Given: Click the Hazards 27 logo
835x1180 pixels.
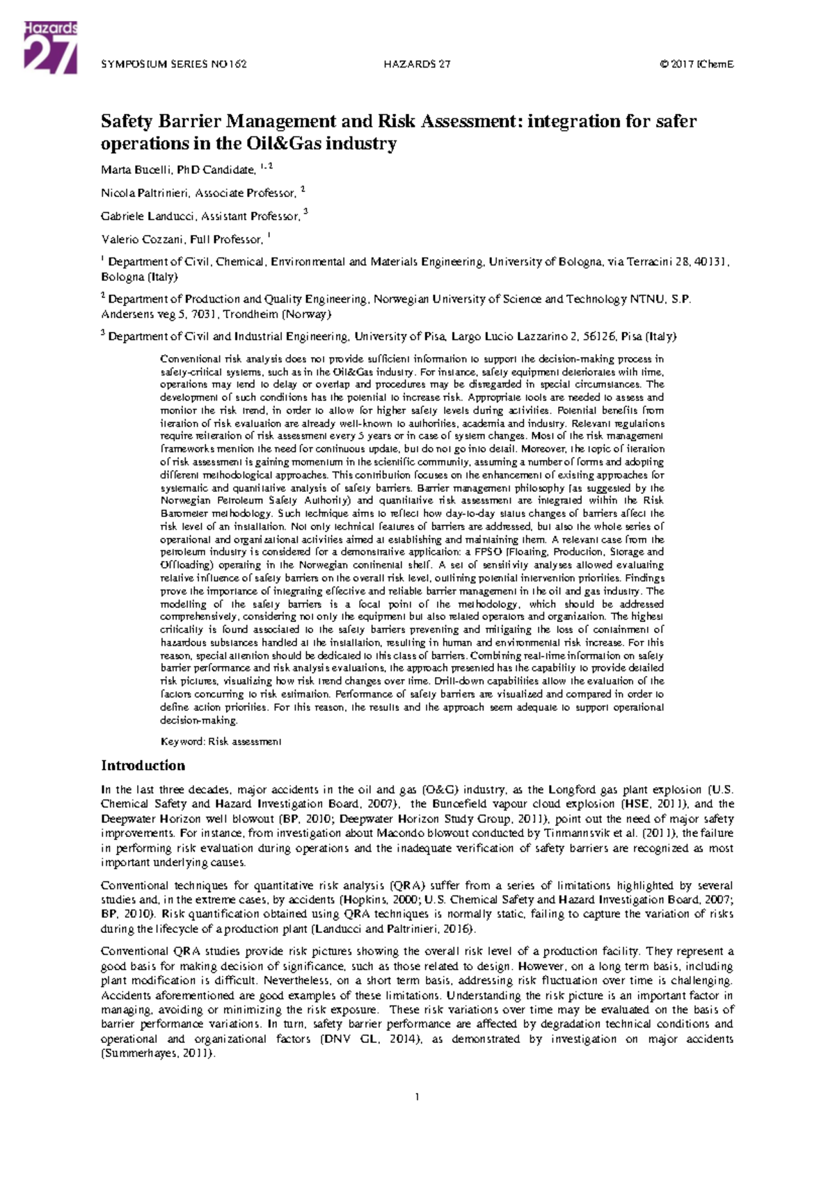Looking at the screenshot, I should click(50, 47).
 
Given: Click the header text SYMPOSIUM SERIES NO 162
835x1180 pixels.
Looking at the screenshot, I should click(174, 65).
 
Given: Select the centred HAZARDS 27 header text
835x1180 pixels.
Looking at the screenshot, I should click(417, 65).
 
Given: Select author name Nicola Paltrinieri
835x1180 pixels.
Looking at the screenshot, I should click(145, 193).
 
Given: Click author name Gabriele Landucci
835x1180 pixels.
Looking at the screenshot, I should click(147, 216).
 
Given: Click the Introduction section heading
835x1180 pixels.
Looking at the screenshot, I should click(143, 765).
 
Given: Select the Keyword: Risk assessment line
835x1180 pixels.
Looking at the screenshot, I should click(221, 742).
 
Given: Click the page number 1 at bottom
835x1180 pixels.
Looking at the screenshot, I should click(417, 1097).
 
